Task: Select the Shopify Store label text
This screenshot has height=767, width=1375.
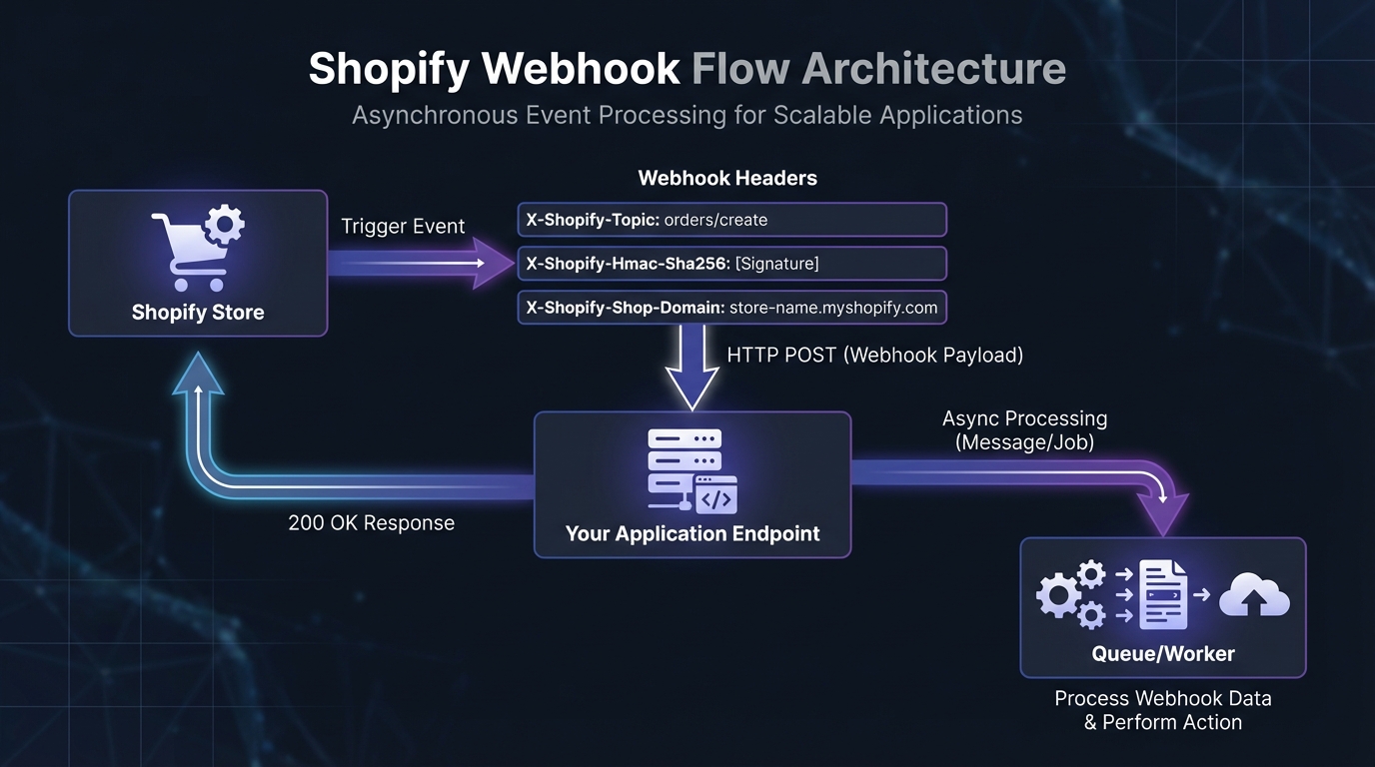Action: click(198, 313)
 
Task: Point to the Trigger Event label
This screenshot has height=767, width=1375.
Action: click(403, 227)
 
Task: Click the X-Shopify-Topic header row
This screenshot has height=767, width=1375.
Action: click(731, 220)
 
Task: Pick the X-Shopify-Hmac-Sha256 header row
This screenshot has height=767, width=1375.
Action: click(731, 264)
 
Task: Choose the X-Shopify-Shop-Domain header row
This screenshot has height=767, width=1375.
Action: click(731, 308)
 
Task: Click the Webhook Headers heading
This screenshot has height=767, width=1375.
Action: click(727, 179)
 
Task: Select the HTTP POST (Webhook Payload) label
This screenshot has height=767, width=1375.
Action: click(874, 355)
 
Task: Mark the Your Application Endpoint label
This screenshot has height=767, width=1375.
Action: click(692, 533)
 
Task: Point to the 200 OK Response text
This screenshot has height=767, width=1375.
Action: click(371, 523)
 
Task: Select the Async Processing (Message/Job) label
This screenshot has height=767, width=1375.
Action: click(1024, 429)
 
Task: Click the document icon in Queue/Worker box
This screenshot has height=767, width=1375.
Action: click(1163, 594)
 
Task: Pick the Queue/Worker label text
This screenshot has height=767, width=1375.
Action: click(1163, 654)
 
